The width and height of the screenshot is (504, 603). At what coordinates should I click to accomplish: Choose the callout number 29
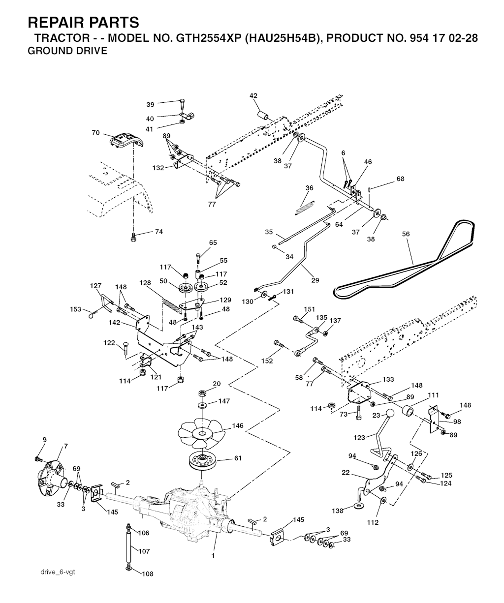pyautogui.click(x=315, y=280)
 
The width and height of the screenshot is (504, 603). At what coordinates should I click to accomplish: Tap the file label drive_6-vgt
pyautogui.click(x=58, y=572)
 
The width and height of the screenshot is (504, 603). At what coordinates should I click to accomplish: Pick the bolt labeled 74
pyautogui.click(x=133, y=237)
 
